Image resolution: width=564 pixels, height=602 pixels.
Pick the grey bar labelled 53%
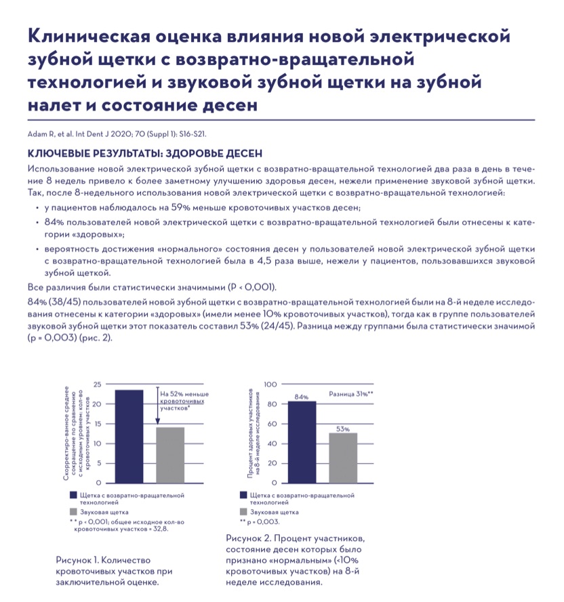coord(343,458)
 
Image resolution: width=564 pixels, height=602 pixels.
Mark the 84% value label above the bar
coord(302,396)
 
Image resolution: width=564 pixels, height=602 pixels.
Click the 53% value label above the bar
coord(343,428)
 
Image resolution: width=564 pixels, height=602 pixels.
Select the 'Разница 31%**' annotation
coord(351,393)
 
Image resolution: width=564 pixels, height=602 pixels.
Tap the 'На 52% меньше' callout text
coord(184,394)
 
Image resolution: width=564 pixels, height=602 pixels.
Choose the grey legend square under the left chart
coord(73,513)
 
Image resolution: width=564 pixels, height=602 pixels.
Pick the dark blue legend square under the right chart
coord(243,497)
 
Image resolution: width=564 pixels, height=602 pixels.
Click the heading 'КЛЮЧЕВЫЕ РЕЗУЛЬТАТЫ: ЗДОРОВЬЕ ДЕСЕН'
coord(144,154)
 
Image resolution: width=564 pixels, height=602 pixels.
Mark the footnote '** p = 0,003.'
coord(260,523)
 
